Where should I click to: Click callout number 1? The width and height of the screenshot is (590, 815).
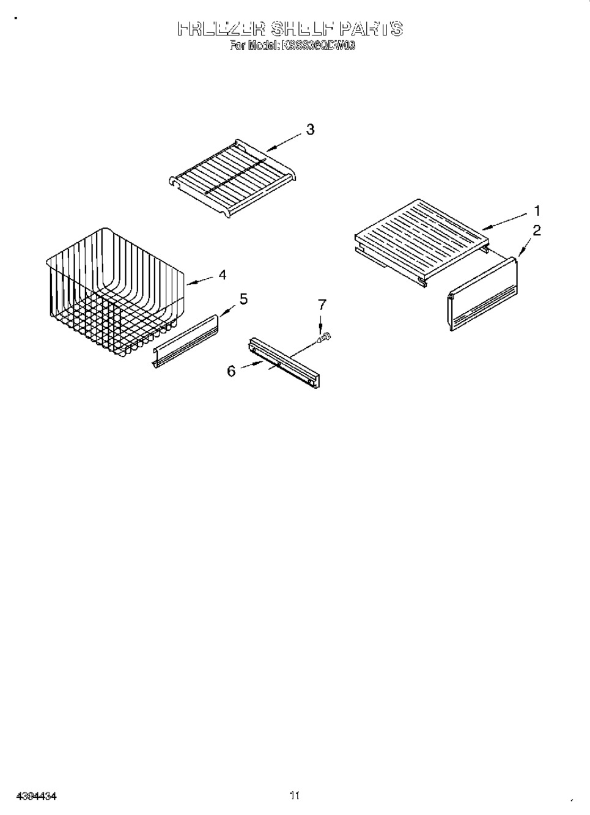pos(537,211)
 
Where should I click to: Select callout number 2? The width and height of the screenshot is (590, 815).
pos(537,230)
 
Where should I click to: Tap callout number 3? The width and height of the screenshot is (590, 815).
pos(310,129)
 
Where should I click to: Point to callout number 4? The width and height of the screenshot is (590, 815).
pos(222,275)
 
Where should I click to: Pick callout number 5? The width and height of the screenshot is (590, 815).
pos(243,299)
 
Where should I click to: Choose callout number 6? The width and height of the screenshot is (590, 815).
pos(232,371)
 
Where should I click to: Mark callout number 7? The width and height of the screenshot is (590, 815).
pos(322,304)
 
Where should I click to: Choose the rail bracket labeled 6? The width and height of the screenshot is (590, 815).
pos(284,362)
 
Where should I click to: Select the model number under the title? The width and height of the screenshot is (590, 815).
pos(318,45)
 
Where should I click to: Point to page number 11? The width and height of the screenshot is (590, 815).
pos(295,795)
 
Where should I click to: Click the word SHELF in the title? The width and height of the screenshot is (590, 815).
pos(301,29)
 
